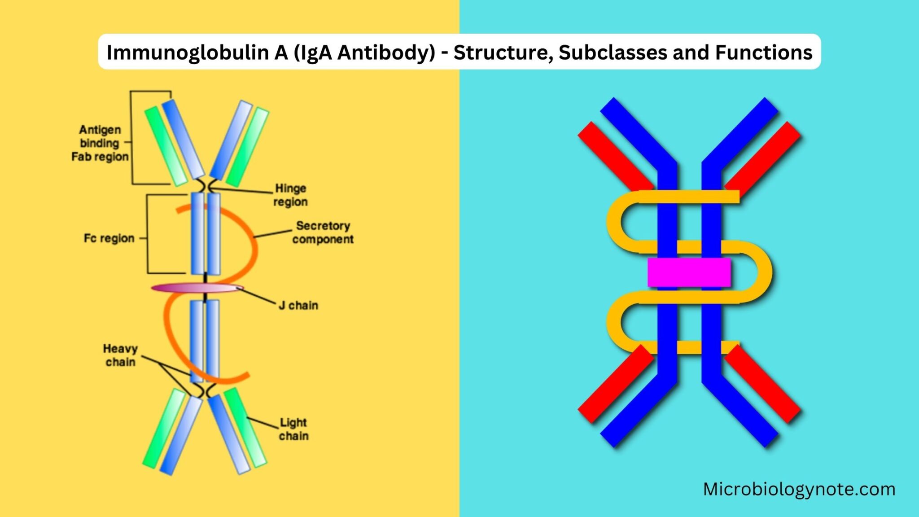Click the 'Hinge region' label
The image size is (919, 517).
point(291,195)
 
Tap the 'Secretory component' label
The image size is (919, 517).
point(323,232)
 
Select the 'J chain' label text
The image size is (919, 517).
point(298,306)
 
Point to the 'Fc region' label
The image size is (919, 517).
point(109,238)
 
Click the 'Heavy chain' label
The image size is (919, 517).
point(120,355)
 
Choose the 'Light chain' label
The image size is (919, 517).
point(293,429)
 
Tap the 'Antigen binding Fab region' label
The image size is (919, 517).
point(100,143)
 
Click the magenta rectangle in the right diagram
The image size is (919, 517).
point(689,272)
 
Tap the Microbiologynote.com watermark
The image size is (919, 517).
point(799,489)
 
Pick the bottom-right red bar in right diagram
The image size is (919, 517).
point(763,384)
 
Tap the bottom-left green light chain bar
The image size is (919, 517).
point(163,429)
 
